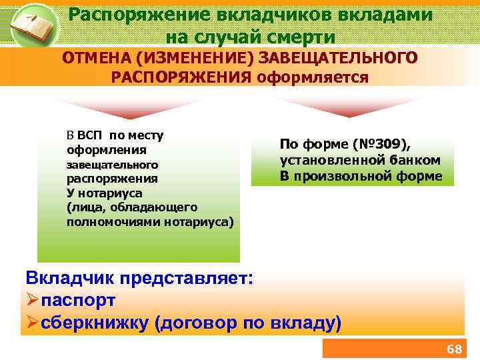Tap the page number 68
tap(454, 349)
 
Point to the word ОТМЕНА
tap(93, 58)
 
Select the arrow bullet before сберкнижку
tap(31, 323)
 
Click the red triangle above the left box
tap(127, 106)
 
